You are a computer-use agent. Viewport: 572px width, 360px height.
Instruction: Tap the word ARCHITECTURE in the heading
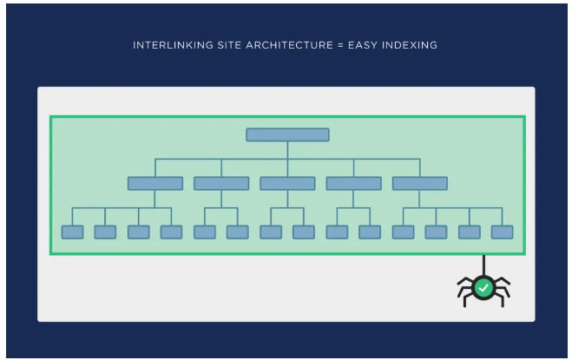290,45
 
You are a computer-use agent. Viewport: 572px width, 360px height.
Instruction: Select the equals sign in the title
341,45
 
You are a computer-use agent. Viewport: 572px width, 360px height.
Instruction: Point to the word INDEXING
410,45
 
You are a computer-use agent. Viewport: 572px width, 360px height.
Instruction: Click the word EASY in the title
363,45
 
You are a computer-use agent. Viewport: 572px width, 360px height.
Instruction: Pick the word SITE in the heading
230,45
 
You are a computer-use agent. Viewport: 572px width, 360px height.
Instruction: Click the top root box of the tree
288,134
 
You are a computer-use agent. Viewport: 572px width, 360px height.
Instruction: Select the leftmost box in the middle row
155,183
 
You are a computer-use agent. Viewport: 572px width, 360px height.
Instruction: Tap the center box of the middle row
288,183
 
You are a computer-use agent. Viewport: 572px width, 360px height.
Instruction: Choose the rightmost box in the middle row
420,183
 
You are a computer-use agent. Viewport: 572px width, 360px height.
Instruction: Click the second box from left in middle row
221,183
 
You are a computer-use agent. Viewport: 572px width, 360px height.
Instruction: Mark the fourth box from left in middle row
354,183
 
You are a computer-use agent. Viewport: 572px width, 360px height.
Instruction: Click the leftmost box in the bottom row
72,232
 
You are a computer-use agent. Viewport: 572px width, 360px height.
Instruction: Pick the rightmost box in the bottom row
503,232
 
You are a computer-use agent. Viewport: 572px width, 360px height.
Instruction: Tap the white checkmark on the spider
483,288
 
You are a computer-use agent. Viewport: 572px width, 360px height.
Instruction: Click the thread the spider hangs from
483,265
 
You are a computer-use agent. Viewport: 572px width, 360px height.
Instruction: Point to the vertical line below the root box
288,150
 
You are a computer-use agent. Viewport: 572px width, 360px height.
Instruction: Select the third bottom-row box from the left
139,232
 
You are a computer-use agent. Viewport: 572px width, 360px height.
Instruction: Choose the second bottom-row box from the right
470,232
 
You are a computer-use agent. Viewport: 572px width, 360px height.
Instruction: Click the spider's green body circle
483,288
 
